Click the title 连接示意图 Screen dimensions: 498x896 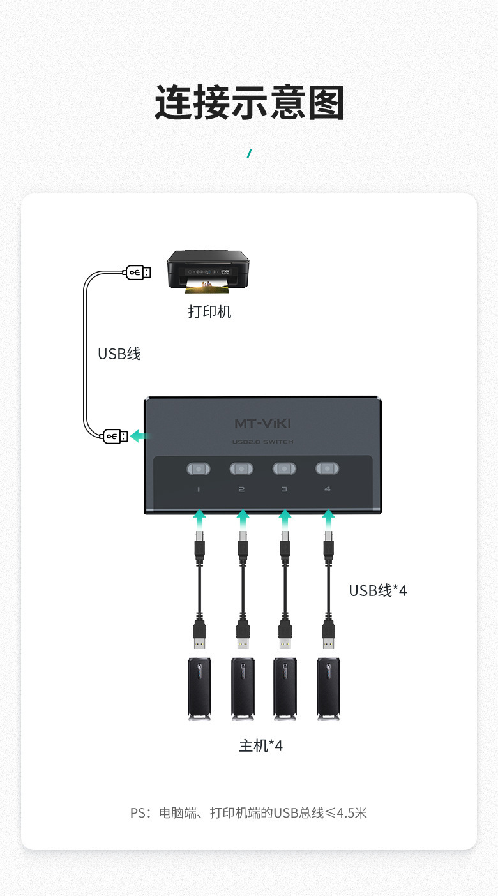tap(249, 103)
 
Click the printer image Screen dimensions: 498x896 tap(207, 272)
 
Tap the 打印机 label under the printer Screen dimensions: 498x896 tap(209, 312)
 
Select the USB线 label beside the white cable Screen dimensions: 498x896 tap(119, 354)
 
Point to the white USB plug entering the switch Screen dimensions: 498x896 tap(115, 437)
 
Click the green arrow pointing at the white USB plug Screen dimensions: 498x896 tap(140, 437)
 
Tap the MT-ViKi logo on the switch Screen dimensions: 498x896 tap(263, 423)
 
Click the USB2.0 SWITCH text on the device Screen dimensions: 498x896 tap(263, 442)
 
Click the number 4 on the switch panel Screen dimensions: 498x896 tap(327, 489)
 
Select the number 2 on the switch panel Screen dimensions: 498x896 tap(241, 489)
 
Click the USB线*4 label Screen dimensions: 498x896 tap(377, 590)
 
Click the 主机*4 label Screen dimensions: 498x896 tap(260, 745)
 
